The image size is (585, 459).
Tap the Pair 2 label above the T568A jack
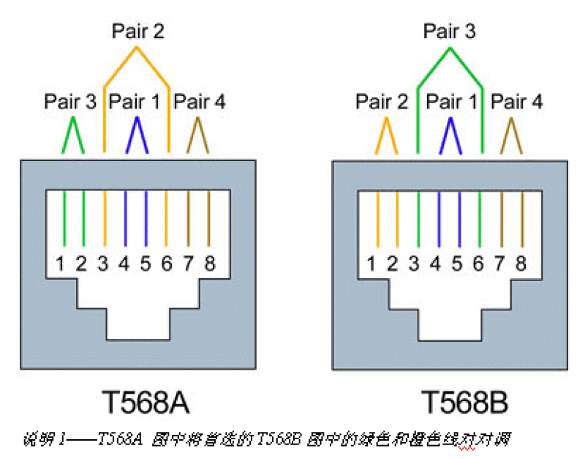click(x=137, y=31)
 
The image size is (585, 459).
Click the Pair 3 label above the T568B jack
click(x=450, y=31)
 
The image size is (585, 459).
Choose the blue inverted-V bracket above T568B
click(x=450, y=135)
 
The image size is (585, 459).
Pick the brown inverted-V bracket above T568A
click(x=199, y=135)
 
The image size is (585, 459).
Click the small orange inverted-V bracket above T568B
click(x=387, y=135)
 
